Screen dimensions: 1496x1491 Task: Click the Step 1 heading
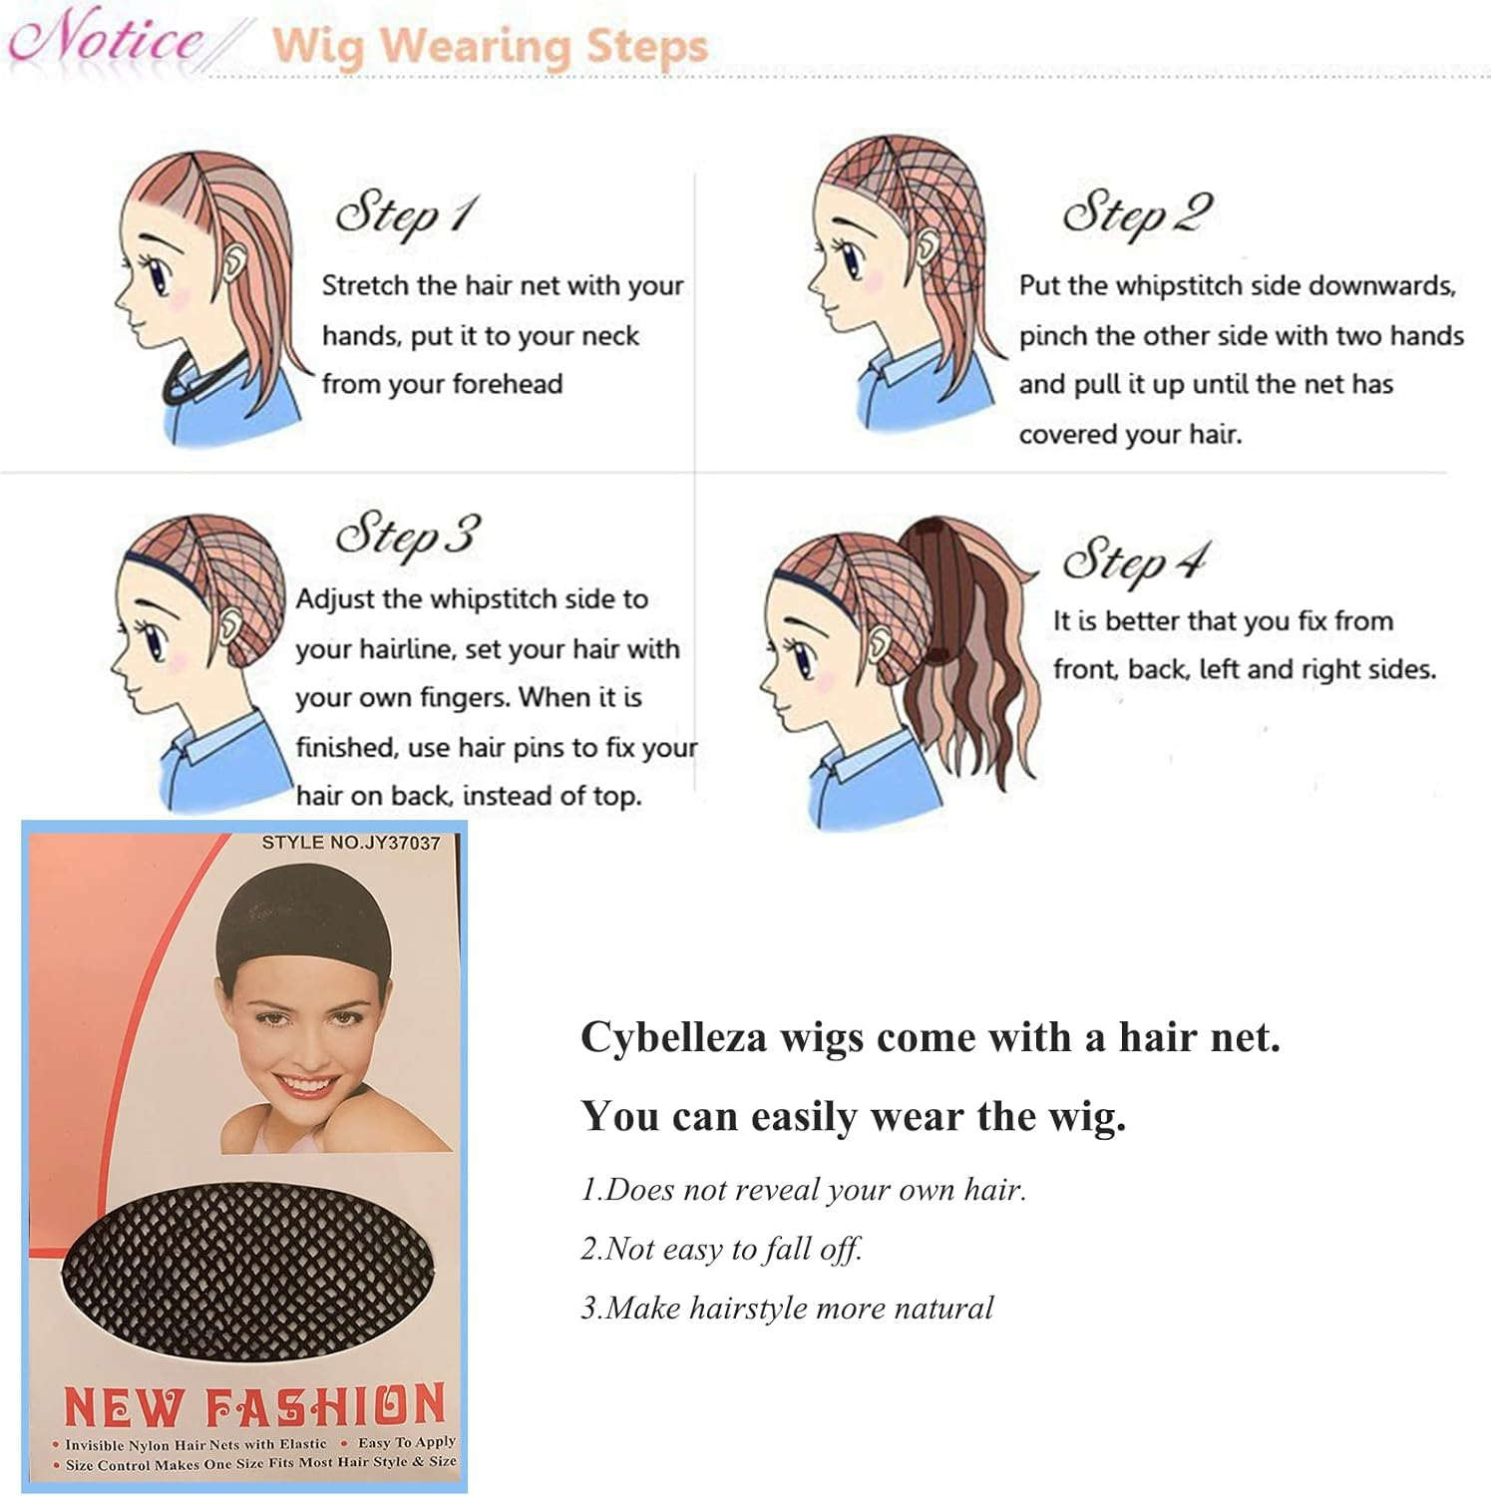407,214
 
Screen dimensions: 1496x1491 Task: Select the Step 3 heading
407,537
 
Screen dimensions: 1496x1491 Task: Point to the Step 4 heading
1135,561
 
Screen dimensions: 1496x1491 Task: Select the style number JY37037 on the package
350,843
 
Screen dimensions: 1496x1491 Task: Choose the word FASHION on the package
325,1406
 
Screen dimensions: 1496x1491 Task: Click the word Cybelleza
674,1038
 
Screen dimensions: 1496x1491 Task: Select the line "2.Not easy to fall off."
721,1249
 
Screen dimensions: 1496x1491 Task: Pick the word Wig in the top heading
318,46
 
